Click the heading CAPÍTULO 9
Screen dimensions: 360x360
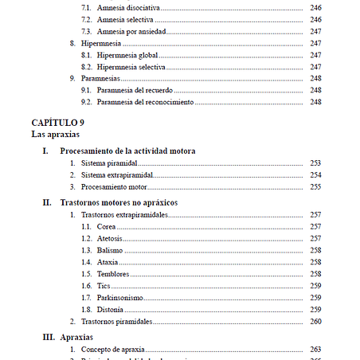[57, 123]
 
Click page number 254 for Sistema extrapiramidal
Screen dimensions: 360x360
[315, 174]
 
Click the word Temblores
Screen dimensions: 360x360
[113, 274]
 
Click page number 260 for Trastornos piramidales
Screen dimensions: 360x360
[315, 321]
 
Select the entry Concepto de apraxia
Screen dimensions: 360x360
[116, 350]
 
